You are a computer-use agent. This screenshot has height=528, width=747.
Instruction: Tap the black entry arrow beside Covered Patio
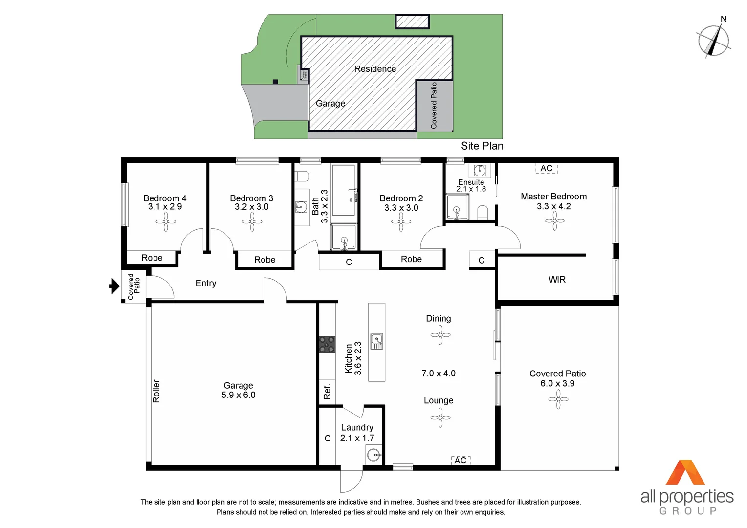coord(114,286)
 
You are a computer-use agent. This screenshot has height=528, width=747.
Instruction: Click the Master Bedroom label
coord(553,197)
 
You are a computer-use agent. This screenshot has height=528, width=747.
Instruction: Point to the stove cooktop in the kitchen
coord(327,344)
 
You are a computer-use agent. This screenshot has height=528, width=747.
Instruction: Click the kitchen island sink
coord(376,341)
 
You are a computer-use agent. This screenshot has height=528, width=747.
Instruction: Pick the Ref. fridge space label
coord(327,391)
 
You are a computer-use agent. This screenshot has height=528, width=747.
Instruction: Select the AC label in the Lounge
coord(460,461)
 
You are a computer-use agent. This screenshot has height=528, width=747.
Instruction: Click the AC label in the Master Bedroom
coord(546,168)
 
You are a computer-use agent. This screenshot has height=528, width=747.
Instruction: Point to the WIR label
coord(557,280)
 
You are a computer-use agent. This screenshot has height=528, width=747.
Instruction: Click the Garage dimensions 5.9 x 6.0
coord(238,395)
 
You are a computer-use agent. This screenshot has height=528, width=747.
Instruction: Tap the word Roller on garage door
coord(156,391)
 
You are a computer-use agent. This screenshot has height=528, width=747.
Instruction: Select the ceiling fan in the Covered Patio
coord(558,400)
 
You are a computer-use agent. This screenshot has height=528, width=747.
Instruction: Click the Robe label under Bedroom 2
coord(411,259)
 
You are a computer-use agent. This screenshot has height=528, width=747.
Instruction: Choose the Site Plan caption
coord(482,146)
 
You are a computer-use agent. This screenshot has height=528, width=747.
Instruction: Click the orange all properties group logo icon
coord(685,473)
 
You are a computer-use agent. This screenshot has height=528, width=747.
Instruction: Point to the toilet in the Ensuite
coord(483,213)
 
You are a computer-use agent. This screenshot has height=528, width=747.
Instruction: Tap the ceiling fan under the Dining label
coord(440,335)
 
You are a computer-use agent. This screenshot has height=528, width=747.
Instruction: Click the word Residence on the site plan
coord(375,69)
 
